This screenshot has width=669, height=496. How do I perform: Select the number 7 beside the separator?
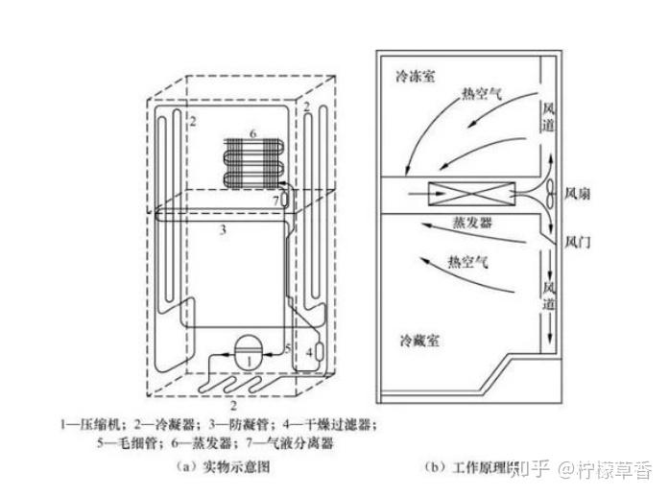(x=275, y=200)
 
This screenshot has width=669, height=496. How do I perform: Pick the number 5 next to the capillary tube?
(x=287, y=346)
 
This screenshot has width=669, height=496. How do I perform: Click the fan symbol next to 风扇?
(x=553, y=193)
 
